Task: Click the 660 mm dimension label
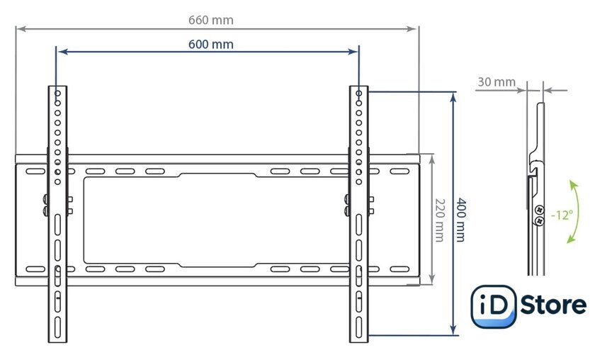click(211, 20)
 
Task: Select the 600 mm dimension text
click(211, 45)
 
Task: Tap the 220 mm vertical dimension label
click(439, 220)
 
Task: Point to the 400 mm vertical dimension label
click(461, 220)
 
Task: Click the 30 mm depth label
click(497, 81)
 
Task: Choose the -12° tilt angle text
click(562, 215)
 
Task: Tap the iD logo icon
click(493, 306)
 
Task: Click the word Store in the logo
click(553, 305)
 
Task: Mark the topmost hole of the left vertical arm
click(57, 93)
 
